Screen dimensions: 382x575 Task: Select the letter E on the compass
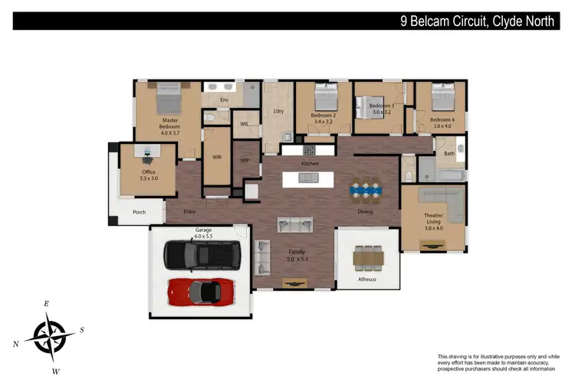[47, 304]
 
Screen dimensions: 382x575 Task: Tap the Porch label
[139, 212]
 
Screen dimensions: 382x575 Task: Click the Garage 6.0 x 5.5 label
[203, 233]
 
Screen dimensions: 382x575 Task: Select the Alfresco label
[368, 279]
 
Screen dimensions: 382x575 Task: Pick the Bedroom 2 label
[322, 119]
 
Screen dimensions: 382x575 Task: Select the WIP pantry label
[245, 161]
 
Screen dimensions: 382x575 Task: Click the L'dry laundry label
[278, 113]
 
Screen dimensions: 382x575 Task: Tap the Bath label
[449, 154]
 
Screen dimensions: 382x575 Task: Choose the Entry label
[191, 212]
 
